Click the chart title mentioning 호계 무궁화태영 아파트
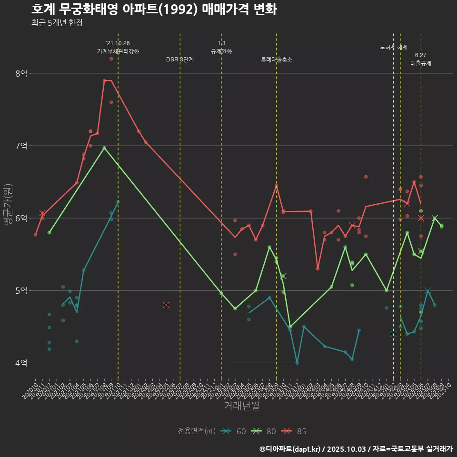pos(154,10)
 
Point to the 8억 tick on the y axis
pos(21,73)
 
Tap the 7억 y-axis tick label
pos(21,146)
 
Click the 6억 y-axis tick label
pos(21,218)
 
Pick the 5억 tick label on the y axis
pos(21,290)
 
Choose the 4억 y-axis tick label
pos(21,363)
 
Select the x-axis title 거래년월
pos(242,406)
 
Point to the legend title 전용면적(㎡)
pos(197,431)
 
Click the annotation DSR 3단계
pos(180,60)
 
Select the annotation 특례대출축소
pos(277,60)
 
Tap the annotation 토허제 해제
pos(394,47)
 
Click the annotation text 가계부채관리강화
pos(118,51)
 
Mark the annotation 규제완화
pos(221,51)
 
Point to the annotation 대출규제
pos(421,63)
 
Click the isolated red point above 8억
pos(111,59)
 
